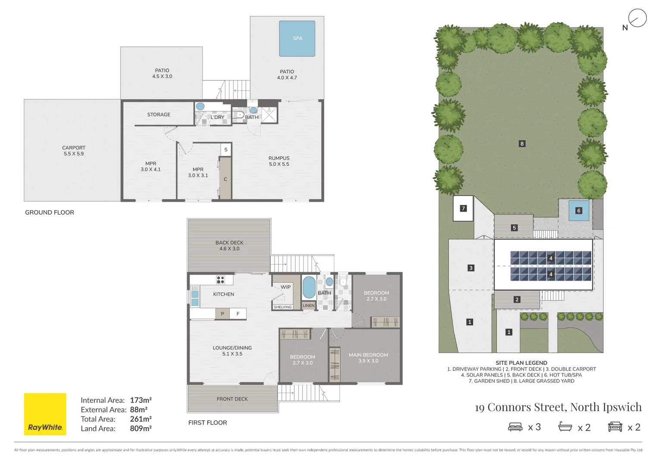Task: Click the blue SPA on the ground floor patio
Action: coord(297,38)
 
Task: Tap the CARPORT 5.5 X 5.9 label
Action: coord(74,151)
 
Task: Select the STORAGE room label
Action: coord(159,115)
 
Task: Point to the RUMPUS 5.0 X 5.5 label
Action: coord(279,161)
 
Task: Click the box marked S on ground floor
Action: coord(226,149)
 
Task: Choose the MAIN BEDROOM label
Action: coord(368,357)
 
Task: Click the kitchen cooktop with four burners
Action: coord(221,280)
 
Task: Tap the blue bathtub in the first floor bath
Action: coord(309,288)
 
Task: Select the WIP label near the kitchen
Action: coord(286,287)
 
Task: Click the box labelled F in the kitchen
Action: coord(238,314)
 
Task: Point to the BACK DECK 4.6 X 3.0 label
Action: coord(229,245)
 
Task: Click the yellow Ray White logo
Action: coord(45,414)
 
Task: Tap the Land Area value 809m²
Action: coord(140,428)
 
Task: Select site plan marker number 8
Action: coord(522,144)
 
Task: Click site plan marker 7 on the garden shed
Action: coord(463,208)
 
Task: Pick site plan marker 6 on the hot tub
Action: coord(579,211)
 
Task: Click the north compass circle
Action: coord(637,18)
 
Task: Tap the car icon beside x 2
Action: coord(615,427)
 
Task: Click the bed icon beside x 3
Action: coord(515,427)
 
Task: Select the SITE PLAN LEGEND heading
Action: coord(521,363)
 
